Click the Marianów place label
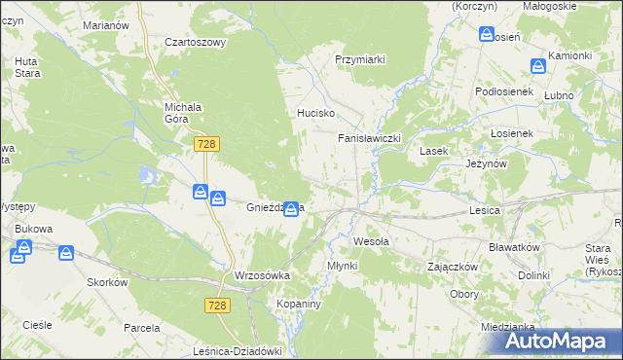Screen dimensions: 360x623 pos(105,24)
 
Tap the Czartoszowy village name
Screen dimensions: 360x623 pos(195,42)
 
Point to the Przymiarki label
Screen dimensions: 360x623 pos(360,59)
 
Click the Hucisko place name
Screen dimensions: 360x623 pos(315,113)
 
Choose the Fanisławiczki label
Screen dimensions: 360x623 pos(370,138)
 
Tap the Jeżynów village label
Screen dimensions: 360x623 pos(488,164)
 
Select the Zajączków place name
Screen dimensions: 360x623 pos(452,266)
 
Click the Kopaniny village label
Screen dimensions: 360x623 pos(298,304)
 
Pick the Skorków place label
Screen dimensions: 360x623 pos(108,281)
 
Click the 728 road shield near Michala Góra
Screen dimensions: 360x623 pos(205,144)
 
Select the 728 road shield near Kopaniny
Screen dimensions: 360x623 pos(218,306)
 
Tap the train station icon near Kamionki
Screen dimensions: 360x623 pos(537,66)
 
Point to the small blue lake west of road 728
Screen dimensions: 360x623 pos(148,175)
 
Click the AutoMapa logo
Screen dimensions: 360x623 pos(560,341)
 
